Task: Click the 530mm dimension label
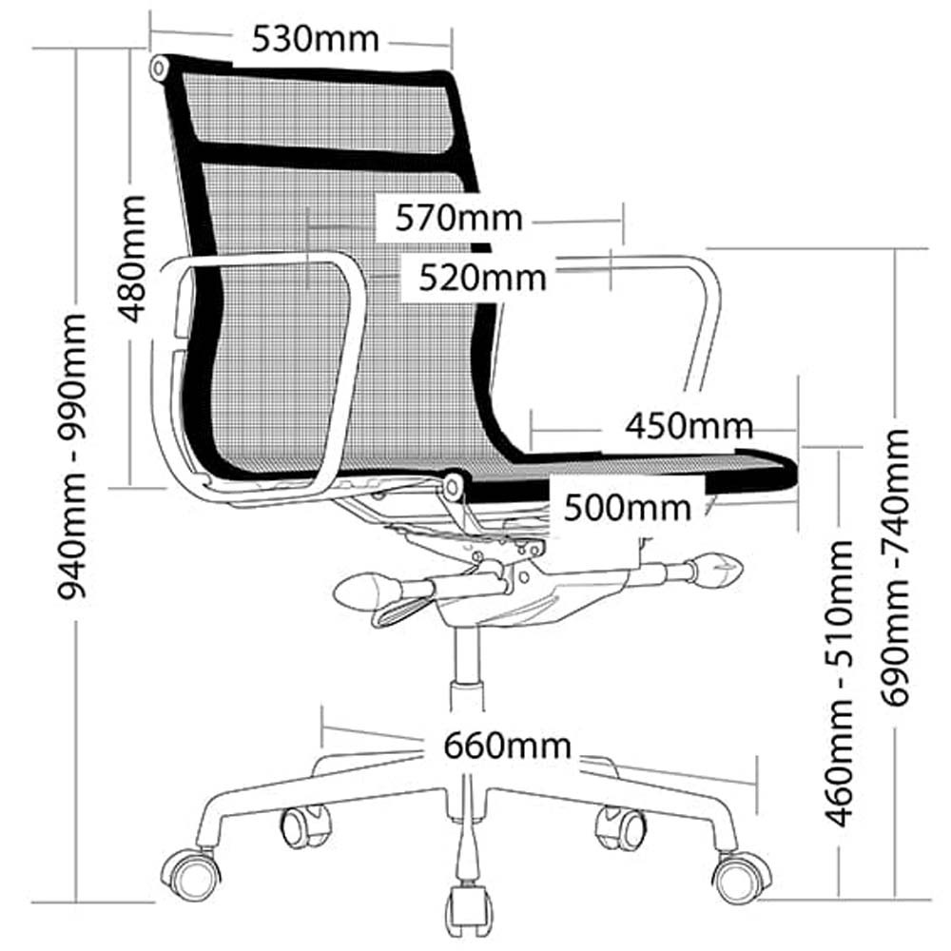click(316, 39)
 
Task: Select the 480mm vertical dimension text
click(131, 259)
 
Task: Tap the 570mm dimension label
click(458, 219)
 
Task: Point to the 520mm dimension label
click(483, 279)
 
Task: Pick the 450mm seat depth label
click(689, 426)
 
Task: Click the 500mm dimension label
click(627, 508)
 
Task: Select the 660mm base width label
click(507, 746)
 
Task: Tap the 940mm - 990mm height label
click(72, 456)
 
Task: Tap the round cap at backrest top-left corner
click(160, 68)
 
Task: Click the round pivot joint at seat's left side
click(452, 487)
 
